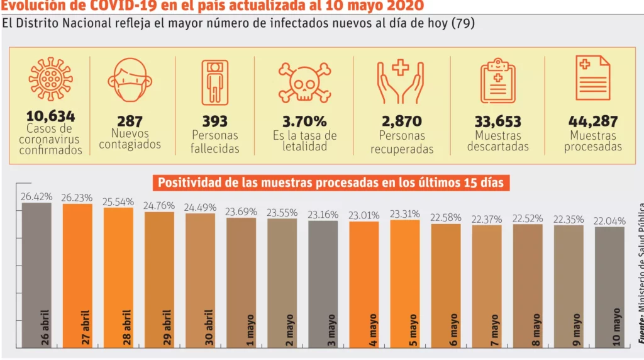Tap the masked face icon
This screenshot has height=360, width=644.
(x=130, y=81)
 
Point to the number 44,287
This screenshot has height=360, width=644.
(x=592, y=121)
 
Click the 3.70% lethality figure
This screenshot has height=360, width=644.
(x=304, y=121)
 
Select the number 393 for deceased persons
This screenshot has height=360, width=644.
(x=215, y=121)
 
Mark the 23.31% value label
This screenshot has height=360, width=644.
(x=405, y=213)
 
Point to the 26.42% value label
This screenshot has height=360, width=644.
(x=36, y=196)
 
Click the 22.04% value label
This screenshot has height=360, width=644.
(x=609, y=220)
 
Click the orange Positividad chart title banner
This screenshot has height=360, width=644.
(x=331, y=183)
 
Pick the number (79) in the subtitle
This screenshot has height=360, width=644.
(x=463, y=24)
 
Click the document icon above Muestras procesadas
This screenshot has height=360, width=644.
(x=592, y=78)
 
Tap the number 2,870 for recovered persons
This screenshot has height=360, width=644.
(x=401, y=121)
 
